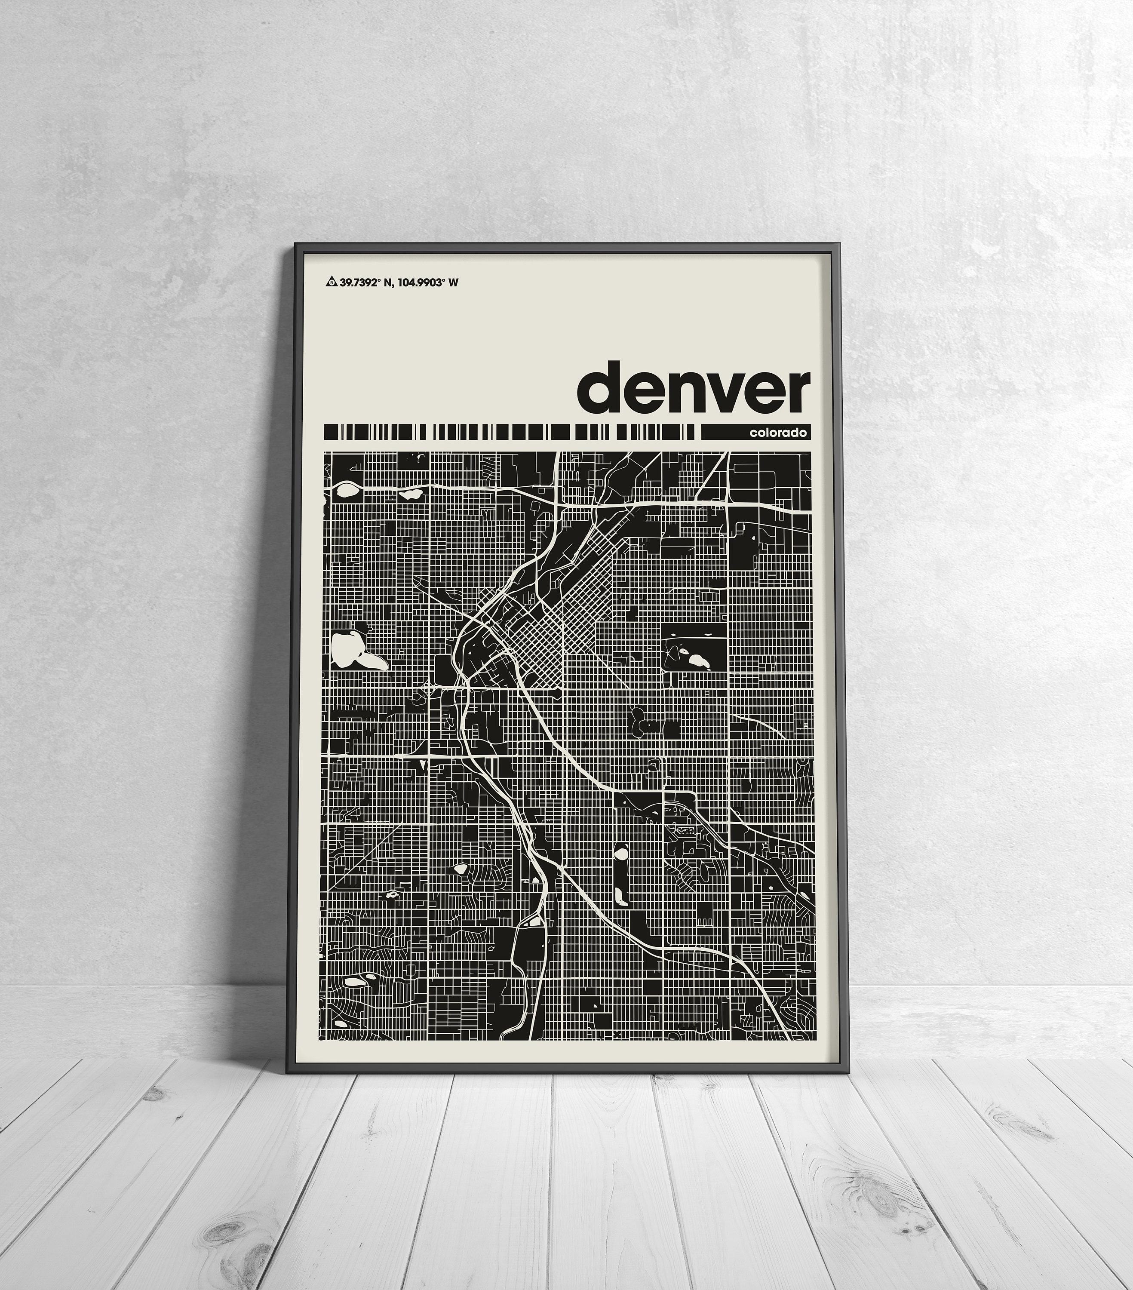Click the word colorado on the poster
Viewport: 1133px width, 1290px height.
778,433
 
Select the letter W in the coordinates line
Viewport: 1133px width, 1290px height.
453,283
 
